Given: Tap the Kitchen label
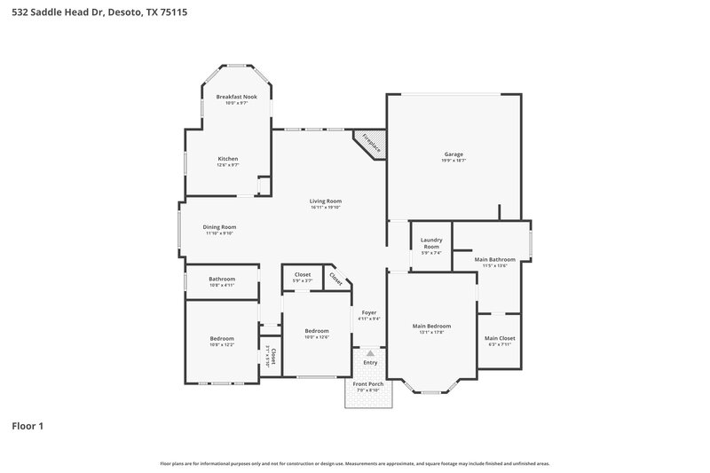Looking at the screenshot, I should pos(228,159).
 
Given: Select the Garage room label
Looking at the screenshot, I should pos(454,154).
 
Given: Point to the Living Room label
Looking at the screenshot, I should pos(326,201).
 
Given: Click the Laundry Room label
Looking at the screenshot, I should pos(431,243).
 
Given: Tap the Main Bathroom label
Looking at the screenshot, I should pos(493,260).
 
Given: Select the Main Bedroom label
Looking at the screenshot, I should pos(432,327).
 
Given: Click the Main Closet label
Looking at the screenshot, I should pos(500,338).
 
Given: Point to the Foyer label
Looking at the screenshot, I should pos(368,312).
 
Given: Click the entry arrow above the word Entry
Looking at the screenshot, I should pos(370,352).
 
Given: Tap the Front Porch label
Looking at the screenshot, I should pos(368,384).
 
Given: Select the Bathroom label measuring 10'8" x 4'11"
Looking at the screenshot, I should pos(222,279).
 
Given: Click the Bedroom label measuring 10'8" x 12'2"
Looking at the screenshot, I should pos(222,338).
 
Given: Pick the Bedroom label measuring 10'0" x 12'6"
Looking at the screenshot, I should pos(317,331).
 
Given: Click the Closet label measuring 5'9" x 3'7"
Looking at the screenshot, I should pos(303,275).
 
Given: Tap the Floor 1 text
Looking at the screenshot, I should pos(28,426).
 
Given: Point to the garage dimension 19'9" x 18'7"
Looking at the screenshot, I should pos(454,161).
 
